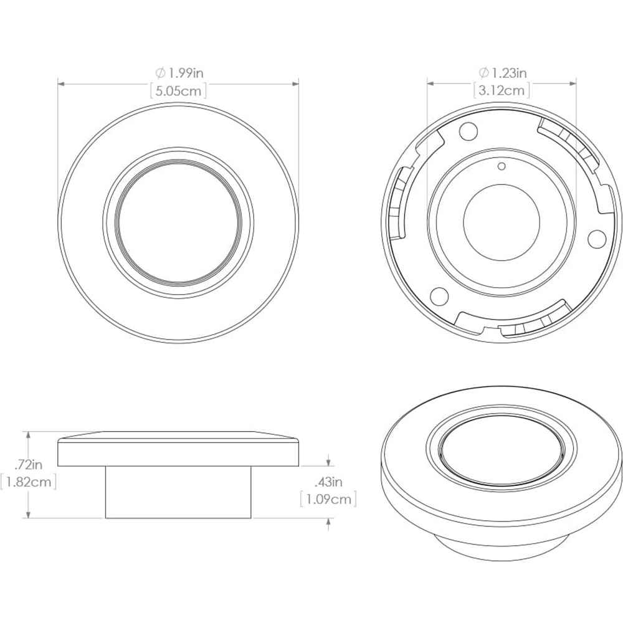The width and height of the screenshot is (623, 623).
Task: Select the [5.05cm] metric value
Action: (x=179, y=90)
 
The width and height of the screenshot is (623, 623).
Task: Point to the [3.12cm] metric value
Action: (x=502, y=90)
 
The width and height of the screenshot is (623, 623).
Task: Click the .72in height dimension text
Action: (x=29, y=464)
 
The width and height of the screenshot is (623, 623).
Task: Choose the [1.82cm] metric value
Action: (x=29, y=482)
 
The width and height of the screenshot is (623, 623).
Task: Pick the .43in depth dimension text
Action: (x=328, y=482)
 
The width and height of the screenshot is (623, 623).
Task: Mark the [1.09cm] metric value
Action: (x=328, y=499)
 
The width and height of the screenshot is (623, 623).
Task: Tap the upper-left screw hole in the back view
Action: (x=468, y=131)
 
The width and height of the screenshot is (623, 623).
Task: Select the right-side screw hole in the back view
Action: (x=596, y=237)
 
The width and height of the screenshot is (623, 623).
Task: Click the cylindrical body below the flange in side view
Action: (x=178, y=492)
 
